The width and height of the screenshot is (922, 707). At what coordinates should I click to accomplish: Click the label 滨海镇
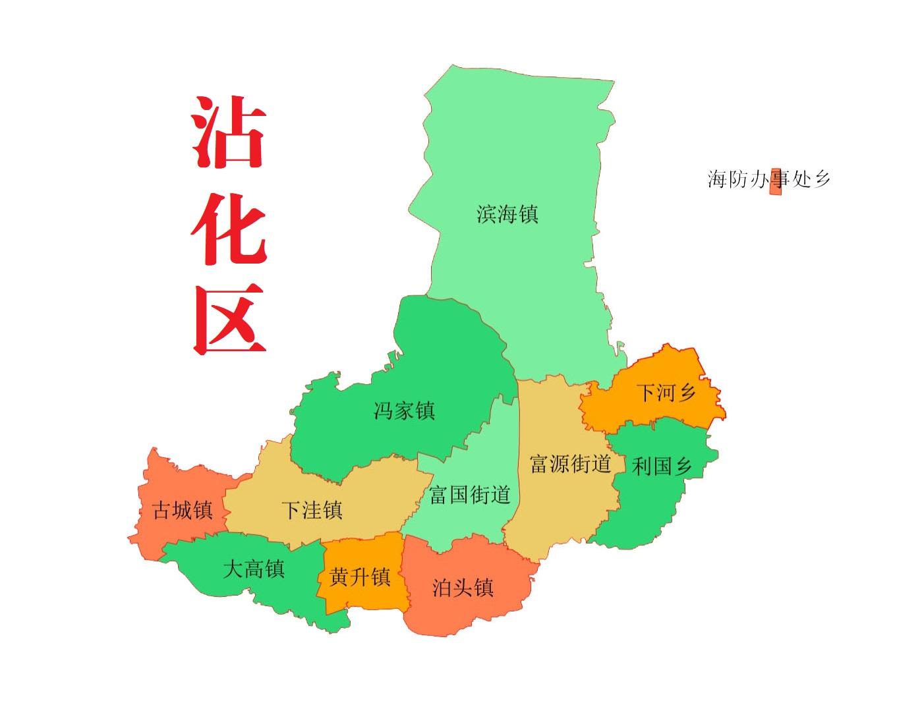click(x=507, y=214)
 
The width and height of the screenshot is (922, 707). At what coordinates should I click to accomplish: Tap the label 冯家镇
click(x=404, y=411)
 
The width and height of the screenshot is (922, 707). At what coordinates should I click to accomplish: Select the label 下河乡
click(x=666, y=393)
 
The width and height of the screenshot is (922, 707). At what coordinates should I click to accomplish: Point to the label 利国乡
click(x=662, y=467)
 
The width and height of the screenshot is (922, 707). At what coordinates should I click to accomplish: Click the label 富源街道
click(x=570, y=464)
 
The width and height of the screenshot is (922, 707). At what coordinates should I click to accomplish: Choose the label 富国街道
click(x=469, y=495)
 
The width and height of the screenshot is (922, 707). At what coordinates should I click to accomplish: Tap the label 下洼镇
click(x=312, y=510)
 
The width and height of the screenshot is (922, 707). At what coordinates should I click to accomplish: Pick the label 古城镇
click(x=183, y=510)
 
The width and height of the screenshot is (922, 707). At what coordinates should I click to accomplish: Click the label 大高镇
click(x=254, y=569)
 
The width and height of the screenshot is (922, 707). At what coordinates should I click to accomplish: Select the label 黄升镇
click(x=360, y=578)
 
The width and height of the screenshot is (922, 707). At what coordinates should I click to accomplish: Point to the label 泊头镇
click(x=463, y=588)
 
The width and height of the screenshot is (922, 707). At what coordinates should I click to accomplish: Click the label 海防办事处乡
click(x=768, y=179)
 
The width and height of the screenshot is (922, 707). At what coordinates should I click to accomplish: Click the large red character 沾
click(x=228, y=133)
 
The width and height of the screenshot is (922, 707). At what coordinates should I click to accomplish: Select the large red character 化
click(x=228, y=229)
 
